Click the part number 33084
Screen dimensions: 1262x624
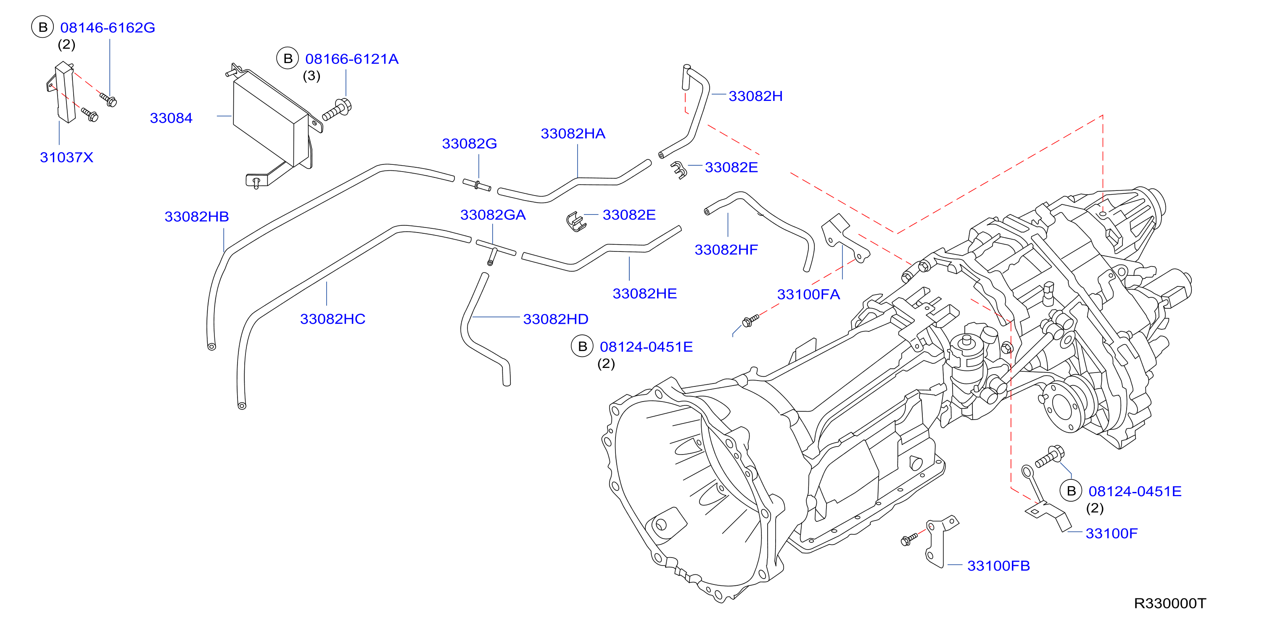click(x=171, y=118)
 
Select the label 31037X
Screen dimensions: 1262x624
click(x=66, y=157)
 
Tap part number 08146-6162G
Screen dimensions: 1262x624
click(x=108, y=27)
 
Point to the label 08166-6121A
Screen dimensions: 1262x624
click(x=352, y=59)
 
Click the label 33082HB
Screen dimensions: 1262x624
click(x=196, y=217)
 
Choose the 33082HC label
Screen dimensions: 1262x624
click(x=333, y=319)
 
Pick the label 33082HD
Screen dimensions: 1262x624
click(x=556, y=319)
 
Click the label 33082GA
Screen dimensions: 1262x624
click(x=493, y=215)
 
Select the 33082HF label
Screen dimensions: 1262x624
click(x=726, y=250)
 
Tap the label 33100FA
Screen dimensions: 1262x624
click(x=808, y=295)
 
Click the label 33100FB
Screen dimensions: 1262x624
click(x=998, y=566)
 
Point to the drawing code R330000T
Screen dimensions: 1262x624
click(x=1170, y=603)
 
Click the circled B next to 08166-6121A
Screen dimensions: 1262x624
click(x=288, y=59)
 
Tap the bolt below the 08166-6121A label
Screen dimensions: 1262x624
click(x=337, y=109)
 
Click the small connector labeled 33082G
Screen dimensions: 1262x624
click(x=477, y=185)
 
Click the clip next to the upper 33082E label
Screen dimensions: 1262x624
click(x=679, y=169)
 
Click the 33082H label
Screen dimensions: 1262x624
click(x=755, y=96)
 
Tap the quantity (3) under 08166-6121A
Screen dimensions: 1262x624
click(x=312, y=76)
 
